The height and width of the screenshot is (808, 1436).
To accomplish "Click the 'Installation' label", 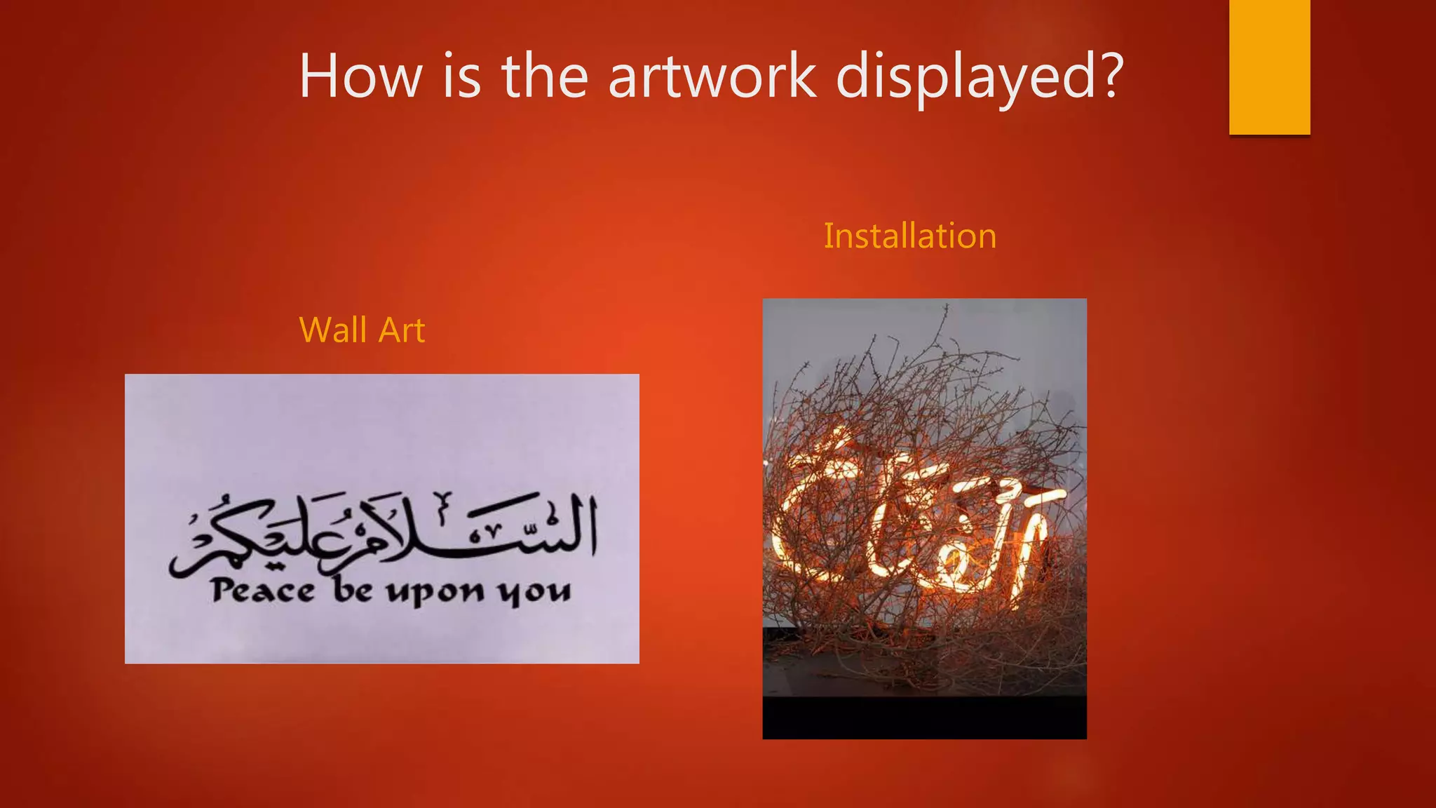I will coord(910,236).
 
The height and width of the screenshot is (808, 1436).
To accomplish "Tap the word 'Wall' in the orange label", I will coord(334,330).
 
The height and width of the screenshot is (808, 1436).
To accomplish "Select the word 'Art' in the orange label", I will coord(401,330).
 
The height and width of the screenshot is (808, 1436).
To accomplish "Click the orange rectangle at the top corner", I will coord(1269,67).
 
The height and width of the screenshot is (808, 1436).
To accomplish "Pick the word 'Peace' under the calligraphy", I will coord(264,591).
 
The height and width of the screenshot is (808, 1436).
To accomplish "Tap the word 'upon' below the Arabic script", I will coord(435,593).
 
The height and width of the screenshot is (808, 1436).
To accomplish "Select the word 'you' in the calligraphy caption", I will coord(534,593).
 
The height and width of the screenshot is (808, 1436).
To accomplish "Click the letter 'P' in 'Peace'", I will coord(224,589).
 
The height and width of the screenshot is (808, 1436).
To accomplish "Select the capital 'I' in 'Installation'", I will coord(828,236).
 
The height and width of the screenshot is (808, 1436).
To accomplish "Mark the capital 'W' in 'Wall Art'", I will coord(315,330).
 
